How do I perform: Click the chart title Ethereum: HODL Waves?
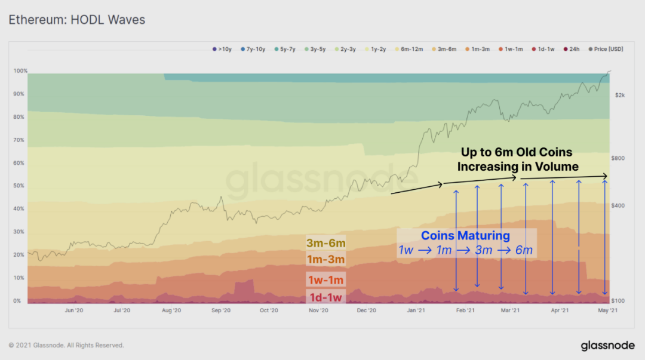pyautogui.click(x=76, y=20)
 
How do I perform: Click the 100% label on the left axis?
pyautogui.click(x=20, y=71)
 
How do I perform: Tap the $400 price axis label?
pyautogui.click(x=619, y=205)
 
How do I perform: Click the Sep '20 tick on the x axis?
pyautogui.click(x=220, y=310)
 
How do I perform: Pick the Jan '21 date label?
pyautogui.click(x=416, y=310)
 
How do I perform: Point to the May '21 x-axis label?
pyautogui.click(x=609, y=310)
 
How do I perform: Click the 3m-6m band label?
pyautogui.click(x=325, y=243)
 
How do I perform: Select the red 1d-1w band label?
pyautogui.click(x=325, y=297)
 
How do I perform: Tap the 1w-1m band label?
pyautogui.click(x=325, y=279)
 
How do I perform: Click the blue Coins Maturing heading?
pyautogui.click(x=465, y=235)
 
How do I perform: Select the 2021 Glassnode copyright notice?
pyautogui.click(x=66, y=345)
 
